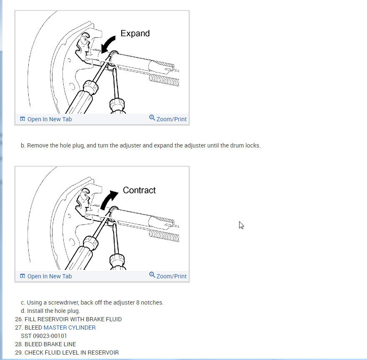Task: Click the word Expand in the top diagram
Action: pyautogui.click(x=135, y=33)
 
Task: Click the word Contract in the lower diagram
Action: pyautogui.click(x=139, y=190)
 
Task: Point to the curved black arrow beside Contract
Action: pyautogui.click(x=109, y=200)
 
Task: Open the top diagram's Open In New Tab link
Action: pyautogui.click(x=49, y=119)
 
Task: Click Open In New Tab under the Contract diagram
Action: pyautogui.click(x=49, y=276)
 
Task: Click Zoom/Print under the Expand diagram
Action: pyautogui.click(x=171, y=119)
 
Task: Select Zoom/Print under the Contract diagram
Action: pyautogui.click(x=171, y=276)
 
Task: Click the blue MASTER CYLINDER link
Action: pyautogui.click(x=70, y=327)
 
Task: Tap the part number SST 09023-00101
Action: pyautogui.click(x=44, y=336)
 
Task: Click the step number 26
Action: pyautogui.click(x=18, y=319)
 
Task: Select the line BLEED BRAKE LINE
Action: pyautogui.click(x=50, y=344)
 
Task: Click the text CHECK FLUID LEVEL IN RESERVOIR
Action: pyautogui.click(x=71, y=352)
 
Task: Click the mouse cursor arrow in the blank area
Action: pyautogui.click(x=241, y=225)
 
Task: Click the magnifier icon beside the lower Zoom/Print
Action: pyautogui.click(x=152, y=275)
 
